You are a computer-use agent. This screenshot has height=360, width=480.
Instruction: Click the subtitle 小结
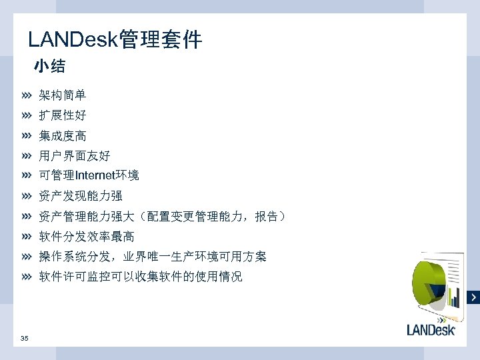(x=49, y=67)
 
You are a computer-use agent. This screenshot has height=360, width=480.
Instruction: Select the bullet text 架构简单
(x=62, y=96)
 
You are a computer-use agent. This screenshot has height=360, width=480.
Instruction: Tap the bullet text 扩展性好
(x=62, y=116)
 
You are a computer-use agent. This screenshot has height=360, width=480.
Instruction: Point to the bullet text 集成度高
(x=62, y=136)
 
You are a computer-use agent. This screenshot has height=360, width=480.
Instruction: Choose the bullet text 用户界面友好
(x=74, y=156)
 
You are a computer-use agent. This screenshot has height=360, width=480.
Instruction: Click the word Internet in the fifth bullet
(x=95, y=176)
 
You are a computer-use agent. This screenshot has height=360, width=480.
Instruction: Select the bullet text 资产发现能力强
(x=80, y=196)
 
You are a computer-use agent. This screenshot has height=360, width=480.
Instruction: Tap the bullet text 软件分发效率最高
(x=86, y=237)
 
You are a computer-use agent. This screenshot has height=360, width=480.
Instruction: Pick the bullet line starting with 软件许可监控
(x=140, y=277)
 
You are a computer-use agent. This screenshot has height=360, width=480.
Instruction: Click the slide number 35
(x=25, y=339)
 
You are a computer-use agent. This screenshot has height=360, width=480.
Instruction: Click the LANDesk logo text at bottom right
(x=431, y=329)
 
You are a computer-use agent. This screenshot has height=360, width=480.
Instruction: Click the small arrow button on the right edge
(x=474, y=297)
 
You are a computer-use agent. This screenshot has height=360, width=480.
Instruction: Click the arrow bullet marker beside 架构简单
(x=26, y=96)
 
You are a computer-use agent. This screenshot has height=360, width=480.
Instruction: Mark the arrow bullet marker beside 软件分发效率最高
(x=26, y=237)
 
